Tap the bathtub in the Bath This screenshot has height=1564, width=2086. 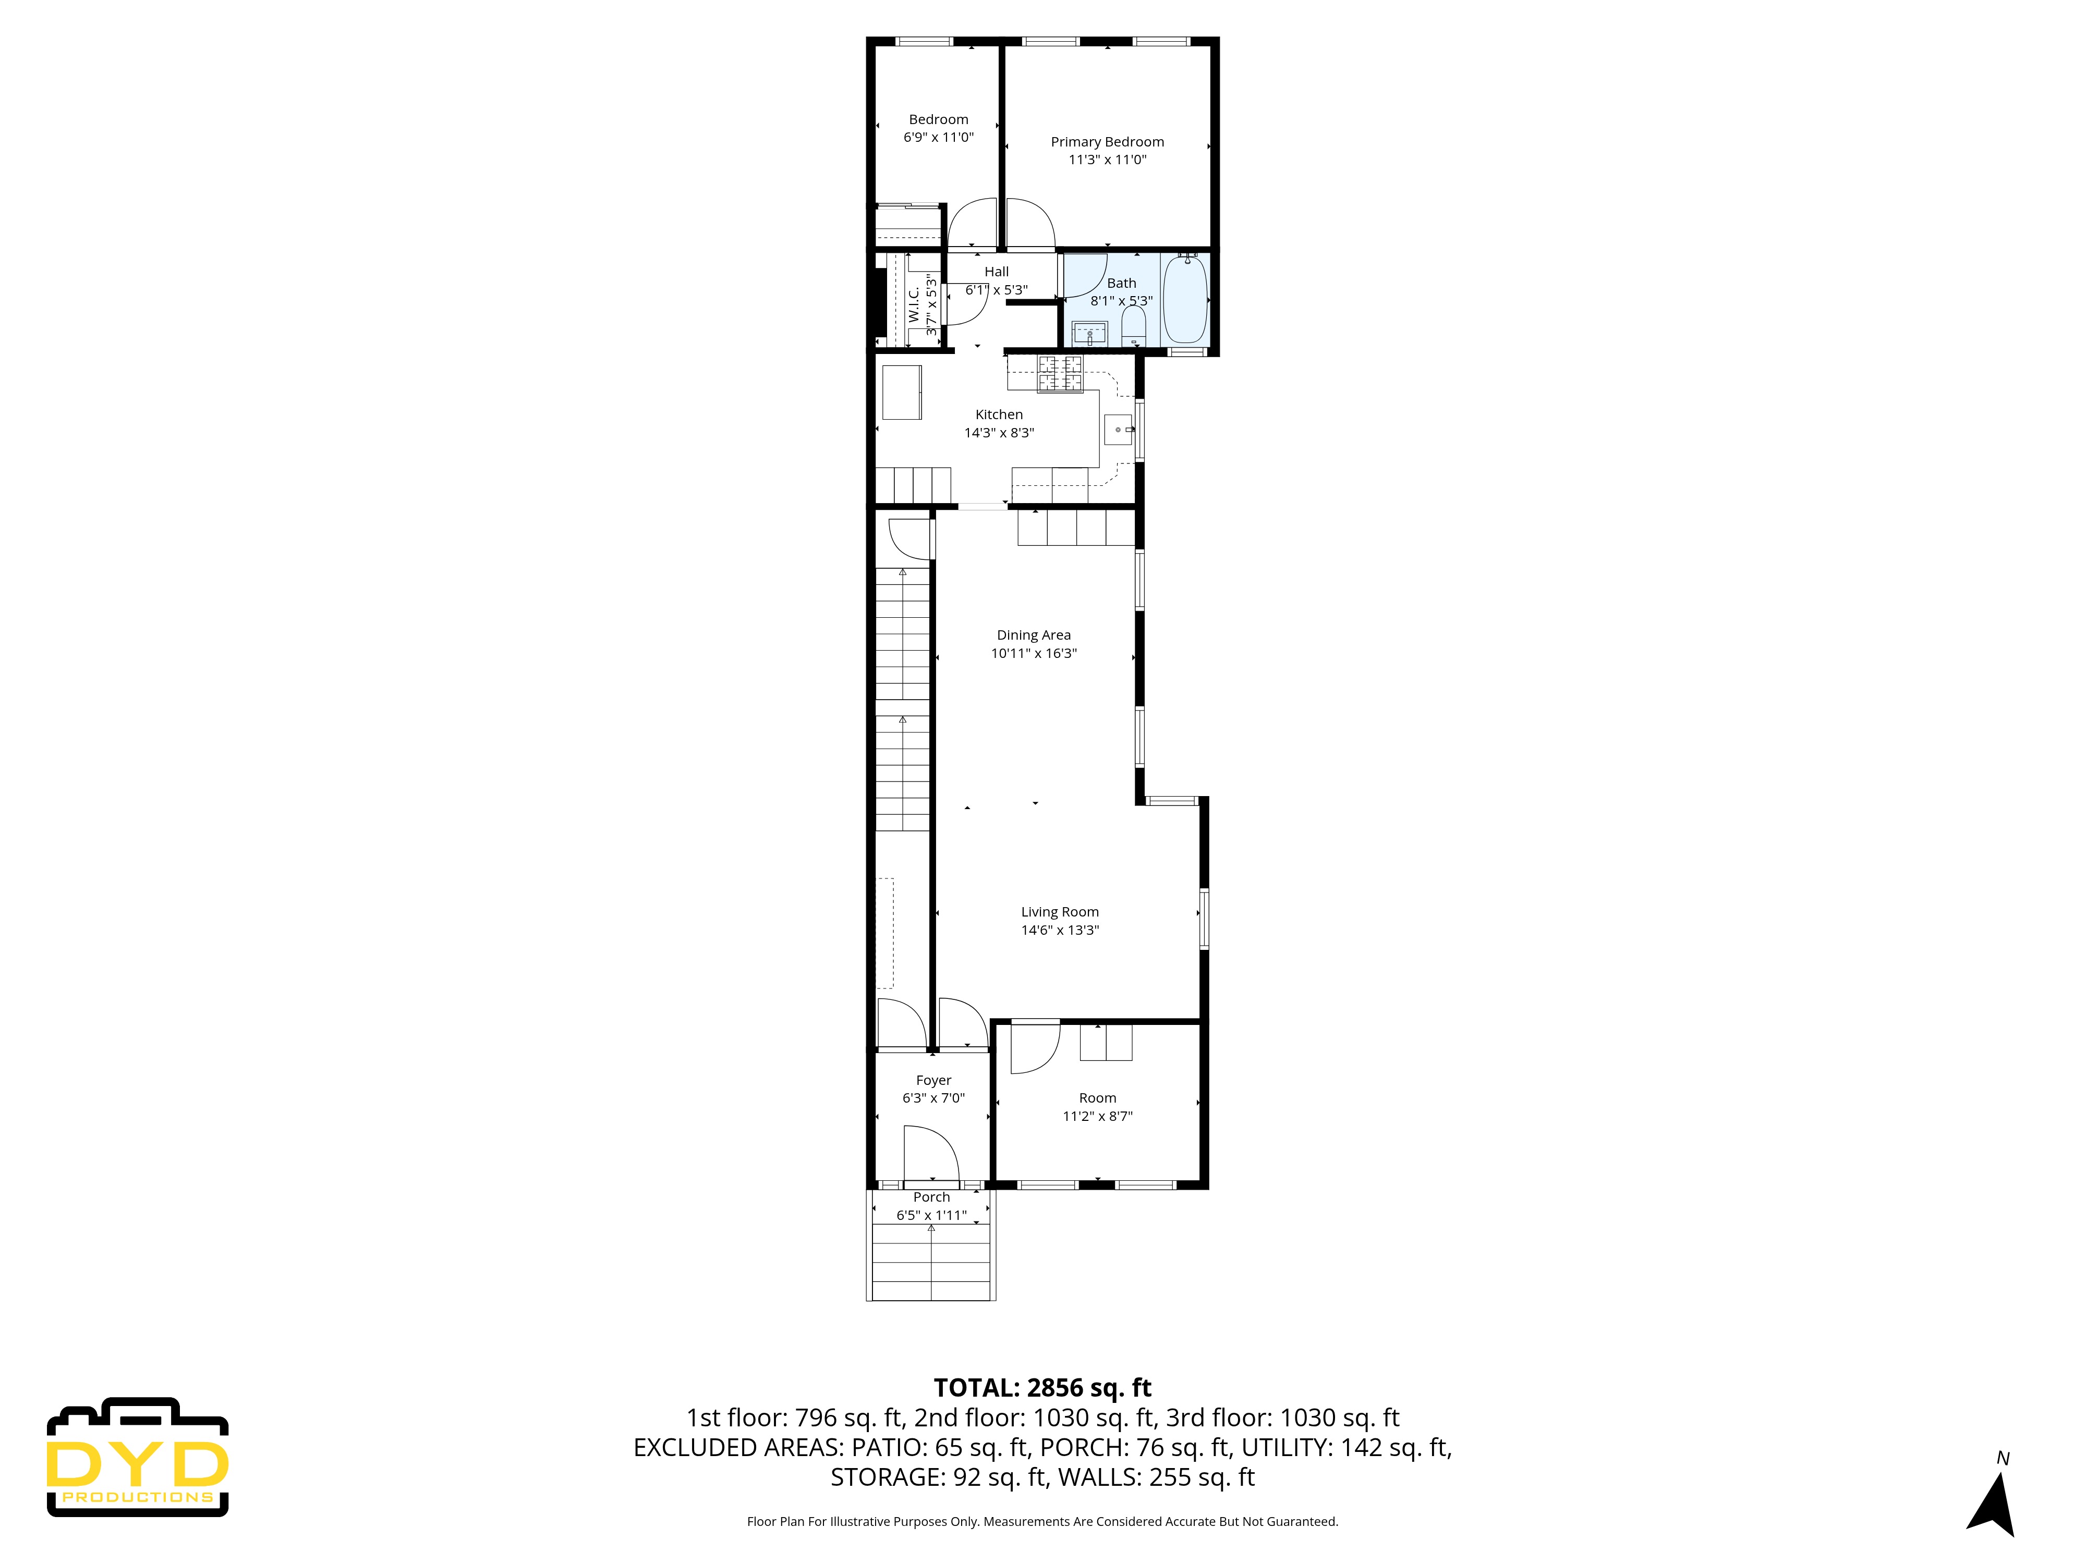click(1184, 300)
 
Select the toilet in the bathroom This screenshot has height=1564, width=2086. click(1133, 328)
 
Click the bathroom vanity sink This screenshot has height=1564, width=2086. click(1089, 334)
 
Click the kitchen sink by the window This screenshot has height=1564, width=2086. click(1119, 430)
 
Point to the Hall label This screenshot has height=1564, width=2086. click(996, 272)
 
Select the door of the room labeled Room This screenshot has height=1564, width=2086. click(1035, 1048)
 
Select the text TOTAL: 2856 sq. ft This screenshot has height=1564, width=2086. click(1042, 1388)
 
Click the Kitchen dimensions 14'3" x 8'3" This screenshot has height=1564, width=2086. click(999, 433)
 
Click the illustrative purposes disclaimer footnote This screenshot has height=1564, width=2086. click(1042, 1522)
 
